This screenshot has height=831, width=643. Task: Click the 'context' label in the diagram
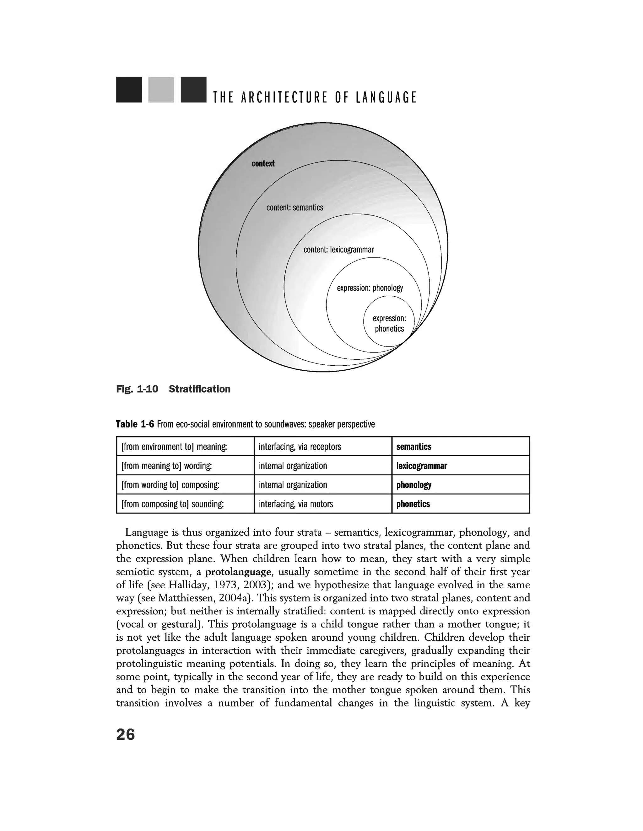(263, 164)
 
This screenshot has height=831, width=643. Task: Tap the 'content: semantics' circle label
(294, 207)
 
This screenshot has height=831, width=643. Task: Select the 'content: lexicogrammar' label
(338, 250)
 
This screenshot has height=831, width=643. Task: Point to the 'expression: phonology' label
(370, 288)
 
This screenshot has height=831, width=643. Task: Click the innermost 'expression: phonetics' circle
(389, 323)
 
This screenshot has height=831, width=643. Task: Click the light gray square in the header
(161, 90)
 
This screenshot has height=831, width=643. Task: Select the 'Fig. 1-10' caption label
(137, 389)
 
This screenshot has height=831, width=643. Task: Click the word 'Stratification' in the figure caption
(199, 389)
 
